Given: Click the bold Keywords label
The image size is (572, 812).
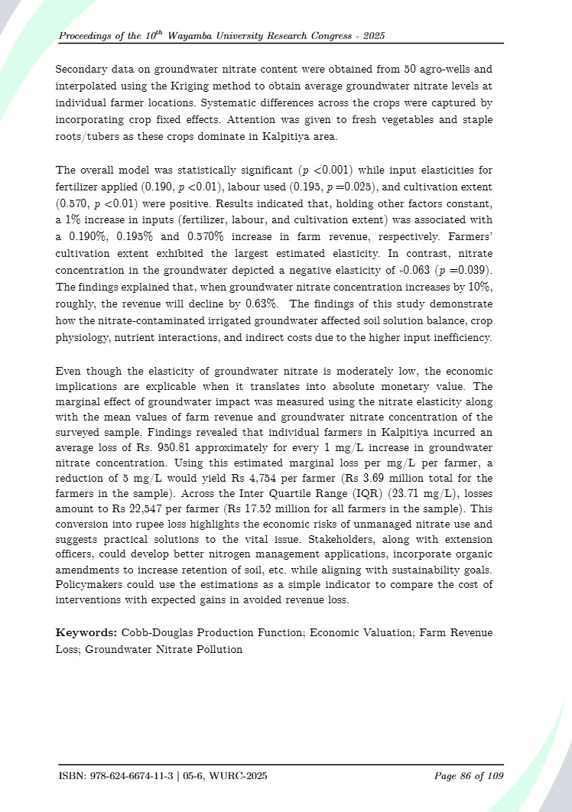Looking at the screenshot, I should point(85,633).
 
